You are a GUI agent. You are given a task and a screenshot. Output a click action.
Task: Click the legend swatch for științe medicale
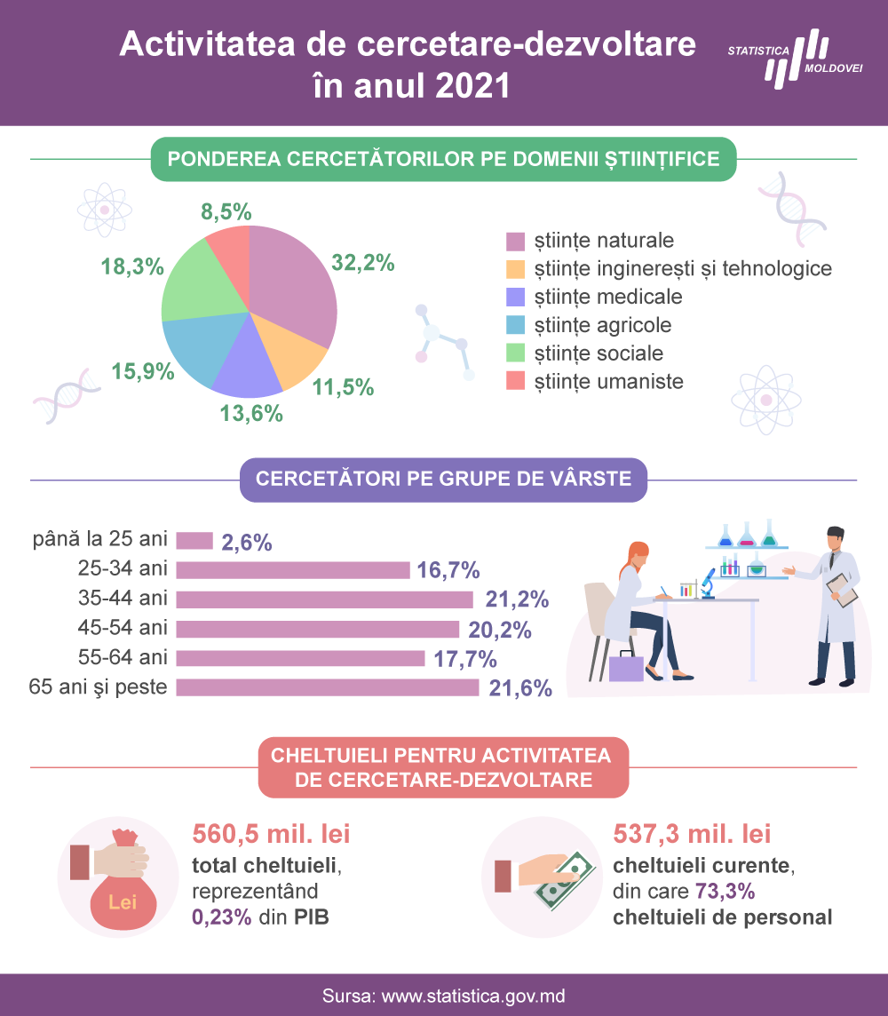tap(516, 297)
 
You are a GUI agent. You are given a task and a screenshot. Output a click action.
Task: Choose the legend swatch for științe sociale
tap(516, 353)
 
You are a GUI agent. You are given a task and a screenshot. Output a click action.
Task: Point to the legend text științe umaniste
tap(609, 382)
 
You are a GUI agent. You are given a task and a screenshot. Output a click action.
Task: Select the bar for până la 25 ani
tap(194, 540)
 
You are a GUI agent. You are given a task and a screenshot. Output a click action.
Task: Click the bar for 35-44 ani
tap(324, 599)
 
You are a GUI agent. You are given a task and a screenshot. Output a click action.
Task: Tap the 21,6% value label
tap(520, 688)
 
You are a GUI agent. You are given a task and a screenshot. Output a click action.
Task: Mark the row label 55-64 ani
tap(123, 658)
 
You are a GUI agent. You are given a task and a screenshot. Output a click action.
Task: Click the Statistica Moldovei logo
tap(796, 59)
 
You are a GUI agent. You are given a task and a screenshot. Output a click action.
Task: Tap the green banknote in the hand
tap(564, 880)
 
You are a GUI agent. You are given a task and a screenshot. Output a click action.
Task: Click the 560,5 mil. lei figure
tap(271, 834)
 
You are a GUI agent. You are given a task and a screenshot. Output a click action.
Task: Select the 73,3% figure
tap(725, 892)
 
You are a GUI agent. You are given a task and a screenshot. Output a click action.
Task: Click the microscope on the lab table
tap(708, 583)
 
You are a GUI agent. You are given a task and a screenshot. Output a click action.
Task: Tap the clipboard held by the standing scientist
tap(842, 590)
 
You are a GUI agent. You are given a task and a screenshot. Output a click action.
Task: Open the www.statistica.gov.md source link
tap(472, 996)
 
